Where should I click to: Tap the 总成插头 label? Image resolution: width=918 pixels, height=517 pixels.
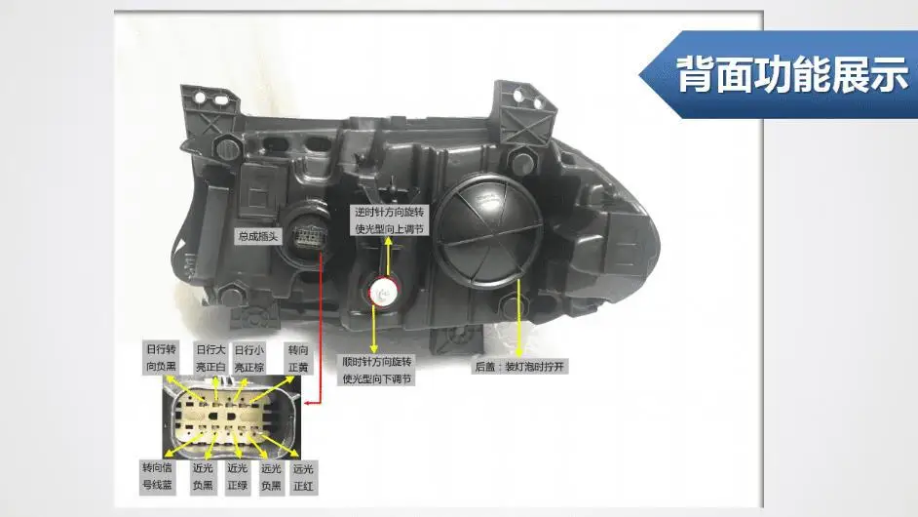[258, 235]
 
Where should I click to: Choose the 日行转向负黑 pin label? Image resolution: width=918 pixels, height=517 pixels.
[161, 357]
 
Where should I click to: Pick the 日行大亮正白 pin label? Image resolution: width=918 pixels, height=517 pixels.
[210, 357]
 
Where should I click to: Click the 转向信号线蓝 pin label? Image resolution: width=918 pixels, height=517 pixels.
[157, 475]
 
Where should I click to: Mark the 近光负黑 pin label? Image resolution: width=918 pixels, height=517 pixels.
[203, 475]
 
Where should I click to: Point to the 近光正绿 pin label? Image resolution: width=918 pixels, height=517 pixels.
[238, 475]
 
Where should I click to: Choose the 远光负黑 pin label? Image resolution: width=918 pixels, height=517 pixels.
[271, 475]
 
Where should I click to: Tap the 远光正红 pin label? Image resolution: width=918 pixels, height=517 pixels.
[304, 475]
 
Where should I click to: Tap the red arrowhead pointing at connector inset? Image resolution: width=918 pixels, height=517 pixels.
[307, 403]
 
